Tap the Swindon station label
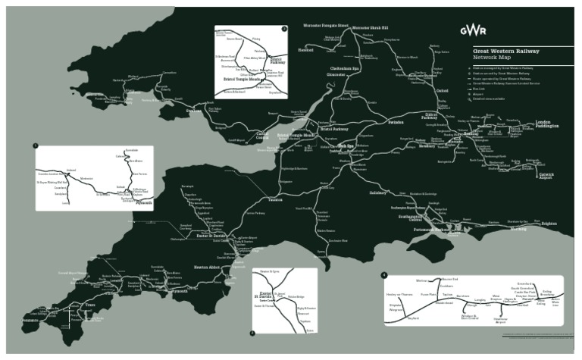[396, 122]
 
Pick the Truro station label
[90, 305]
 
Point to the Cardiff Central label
[261, 134]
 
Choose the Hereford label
[306, 52]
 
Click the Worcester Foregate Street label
[325, 25]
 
